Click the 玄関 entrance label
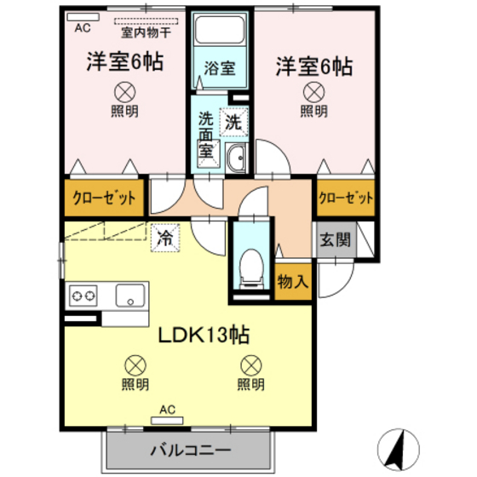point(334,239)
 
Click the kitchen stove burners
point(83,297)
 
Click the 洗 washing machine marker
point(232,122)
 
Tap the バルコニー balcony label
point(190,449)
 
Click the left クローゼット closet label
point(102,198)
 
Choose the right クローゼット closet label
point(345,198)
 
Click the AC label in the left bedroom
point(82,27)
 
